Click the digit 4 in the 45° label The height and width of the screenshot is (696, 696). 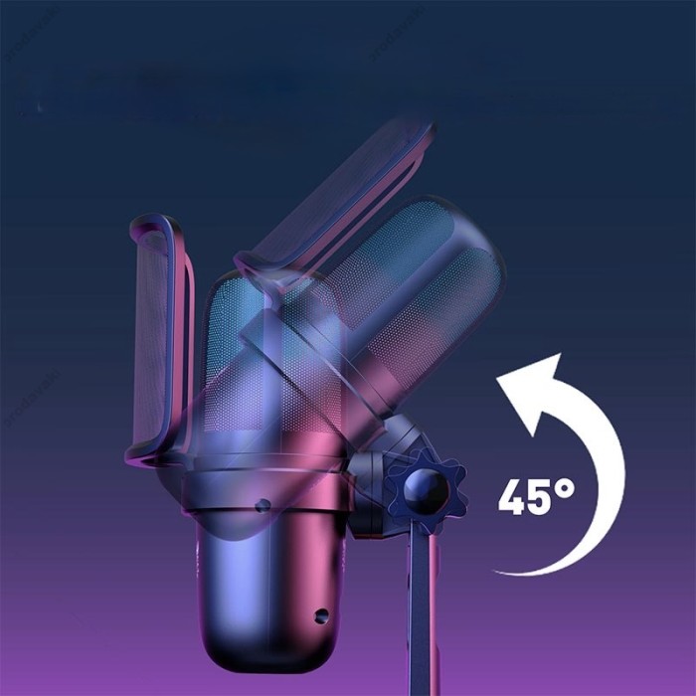pyautogui.click(x=513, y=497)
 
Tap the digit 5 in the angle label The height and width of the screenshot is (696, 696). pyautogui.click(x=540, y=497)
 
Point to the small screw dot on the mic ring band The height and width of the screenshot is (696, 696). pyautogui.click(x=262, y=505)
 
